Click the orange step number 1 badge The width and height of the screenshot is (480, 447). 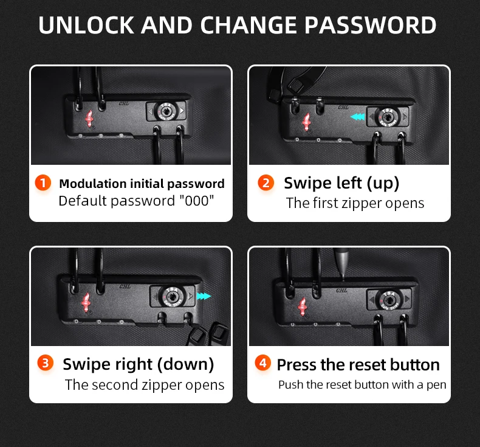[x=43, y=182]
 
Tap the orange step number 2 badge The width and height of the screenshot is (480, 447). [x=266, y=182]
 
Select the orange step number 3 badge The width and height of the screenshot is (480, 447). [x=46, y=362]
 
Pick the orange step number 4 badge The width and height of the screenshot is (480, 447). [x=262, y=362]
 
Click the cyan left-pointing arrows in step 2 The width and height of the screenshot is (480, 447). [x=357, y=117]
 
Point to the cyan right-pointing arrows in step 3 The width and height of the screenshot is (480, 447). [x=204, y=296]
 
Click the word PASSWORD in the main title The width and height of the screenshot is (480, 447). [x=370, y=25]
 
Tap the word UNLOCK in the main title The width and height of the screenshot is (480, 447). [x=86, y=25]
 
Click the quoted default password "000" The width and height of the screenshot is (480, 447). [x=196, y=201]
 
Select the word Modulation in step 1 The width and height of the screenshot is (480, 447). [x=93, y=184]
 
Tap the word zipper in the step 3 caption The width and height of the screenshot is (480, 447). [x=162, y=386]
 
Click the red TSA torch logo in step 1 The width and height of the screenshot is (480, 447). [x=89, y=119]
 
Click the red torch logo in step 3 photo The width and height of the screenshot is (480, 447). [x=86, y=302]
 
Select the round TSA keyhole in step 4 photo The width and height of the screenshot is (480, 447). [x=389, y=300]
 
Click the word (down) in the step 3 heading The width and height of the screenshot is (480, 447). [x=185, y=364]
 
